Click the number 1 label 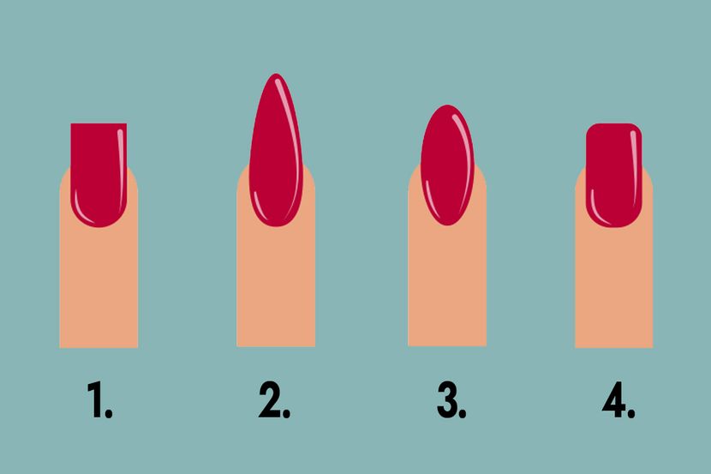click(x=99, y=399)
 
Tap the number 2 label click(x=274, y=399)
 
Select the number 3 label click(x=451, y=399)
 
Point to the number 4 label click(x=618, y=399)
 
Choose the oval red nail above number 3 click(x=447, y=165)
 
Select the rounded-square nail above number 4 click(x=614, y=175)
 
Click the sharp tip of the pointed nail click(x=276, y=74)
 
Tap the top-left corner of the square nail click(x=71, y=123)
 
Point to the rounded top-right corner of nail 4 click(x=637, y=128)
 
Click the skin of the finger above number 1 click(x=99, y=285)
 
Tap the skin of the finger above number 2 click(x=276, y=285)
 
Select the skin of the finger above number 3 click(x=447, y=285)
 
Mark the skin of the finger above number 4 click(x=614, y=285)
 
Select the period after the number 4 click(x=631, y=413)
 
